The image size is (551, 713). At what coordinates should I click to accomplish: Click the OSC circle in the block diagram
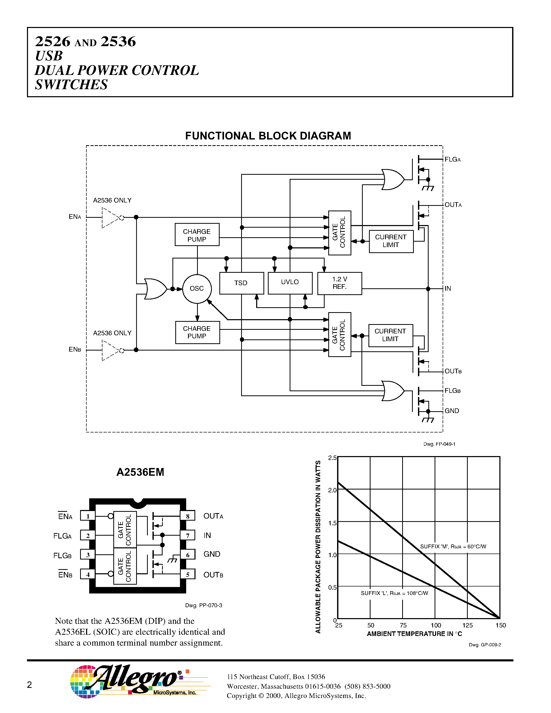(197, 289)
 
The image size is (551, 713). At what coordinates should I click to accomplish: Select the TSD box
(241, 283)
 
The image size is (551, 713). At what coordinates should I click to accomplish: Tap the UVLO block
(290, 282)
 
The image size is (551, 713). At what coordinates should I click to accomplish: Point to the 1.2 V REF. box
(339, 283)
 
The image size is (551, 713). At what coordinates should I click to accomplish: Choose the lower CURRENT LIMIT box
(390, 335)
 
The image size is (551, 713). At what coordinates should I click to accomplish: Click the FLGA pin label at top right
(452, 160)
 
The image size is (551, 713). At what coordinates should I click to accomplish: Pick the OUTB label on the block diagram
(453, 371)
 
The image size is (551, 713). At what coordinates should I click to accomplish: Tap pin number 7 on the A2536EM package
(188, 535)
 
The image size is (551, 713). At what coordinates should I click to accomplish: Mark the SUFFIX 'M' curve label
(453, 547)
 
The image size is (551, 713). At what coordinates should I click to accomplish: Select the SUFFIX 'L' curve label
(394, 593)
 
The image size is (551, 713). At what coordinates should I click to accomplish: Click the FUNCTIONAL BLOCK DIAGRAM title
(268, 136)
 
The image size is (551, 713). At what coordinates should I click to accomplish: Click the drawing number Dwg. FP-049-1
(439, 444)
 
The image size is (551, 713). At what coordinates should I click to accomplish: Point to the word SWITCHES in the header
(71, 85)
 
